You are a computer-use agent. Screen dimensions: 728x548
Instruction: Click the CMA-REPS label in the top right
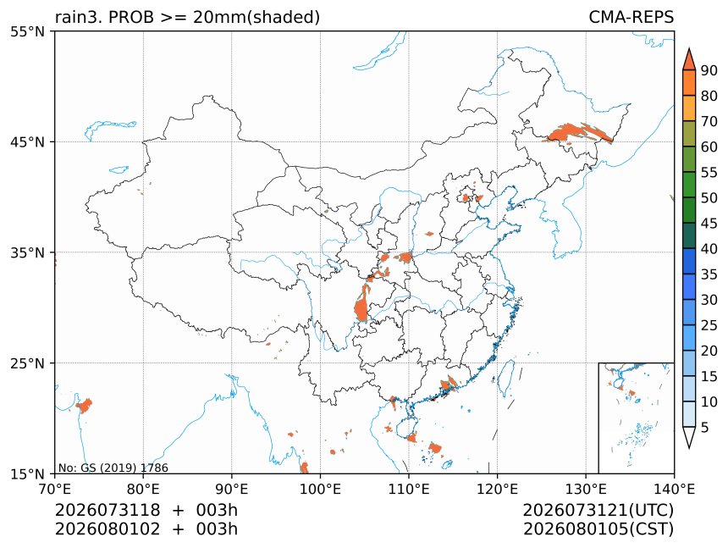click(631, 17)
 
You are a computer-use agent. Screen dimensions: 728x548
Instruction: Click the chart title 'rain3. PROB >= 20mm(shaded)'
click(188, 17)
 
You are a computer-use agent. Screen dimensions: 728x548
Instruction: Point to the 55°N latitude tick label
click(28, 31)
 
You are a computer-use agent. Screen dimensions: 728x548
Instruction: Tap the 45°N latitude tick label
click(28, 141)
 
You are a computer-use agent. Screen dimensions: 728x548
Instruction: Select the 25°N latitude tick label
click(28, 363)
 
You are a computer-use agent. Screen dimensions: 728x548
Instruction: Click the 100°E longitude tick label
click(320, 489)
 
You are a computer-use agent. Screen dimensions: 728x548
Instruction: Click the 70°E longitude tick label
click(55, 489)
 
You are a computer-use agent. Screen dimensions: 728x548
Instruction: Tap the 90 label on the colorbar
click(709, 70)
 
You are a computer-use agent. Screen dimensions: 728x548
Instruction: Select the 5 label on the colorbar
click(705, 427)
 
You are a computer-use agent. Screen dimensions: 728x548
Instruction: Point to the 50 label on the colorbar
click(709, 198)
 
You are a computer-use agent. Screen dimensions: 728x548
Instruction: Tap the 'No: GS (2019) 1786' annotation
click(113, 468)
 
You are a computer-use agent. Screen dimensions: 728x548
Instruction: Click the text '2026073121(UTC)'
click(598, 510)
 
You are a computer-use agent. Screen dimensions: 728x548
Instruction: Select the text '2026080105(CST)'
click(598, 529)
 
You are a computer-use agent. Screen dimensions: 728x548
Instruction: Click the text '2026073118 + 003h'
click(146, 510)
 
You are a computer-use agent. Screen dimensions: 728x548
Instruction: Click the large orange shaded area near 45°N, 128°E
click(576, 133)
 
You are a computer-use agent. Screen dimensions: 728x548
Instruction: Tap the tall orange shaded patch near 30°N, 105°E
click(362, 304)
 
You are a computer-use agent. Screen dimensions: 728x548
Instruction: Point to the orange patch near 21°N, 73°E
click(85, 406)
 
